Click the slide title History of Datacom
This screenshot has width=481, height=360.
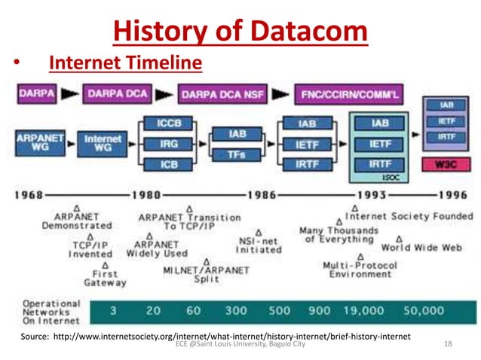coord(240,31)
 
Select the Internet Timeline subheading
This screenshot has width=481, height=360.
coord(125,63)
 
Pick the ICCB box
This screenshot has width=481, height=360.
coord(168,123)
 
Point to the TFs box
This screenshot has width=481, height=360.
coord(237,154)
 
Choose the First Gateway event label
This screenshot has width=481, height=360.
coord(105,279)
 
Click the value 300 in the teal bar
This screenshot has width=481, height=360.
coord(235,310)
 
